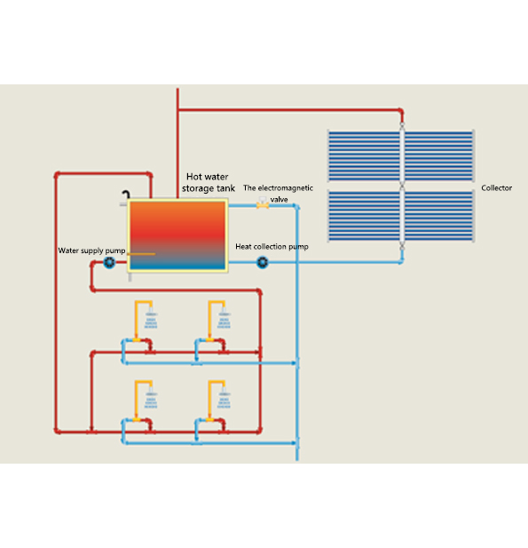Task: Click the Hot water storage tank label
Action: click(209, 182)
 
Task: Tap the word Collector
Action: click(496, 188)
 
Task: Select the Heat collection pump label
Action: click(272, 247)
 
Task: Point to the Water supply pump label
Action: click(91, 250)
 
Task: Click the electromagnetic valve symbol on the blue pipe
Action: click(263, 203)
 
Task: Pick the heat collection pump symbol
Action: click(263, 263)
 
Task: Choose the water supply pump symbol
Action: click(109, 263)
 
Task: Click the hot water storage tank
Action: click(177, 235)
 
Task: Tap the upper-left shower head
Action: click(151, 318)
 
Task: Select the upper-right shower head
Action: click(224, 318)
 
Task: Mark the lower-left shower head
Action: click(151, 398)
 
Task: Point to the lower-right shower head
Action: click(224, 398)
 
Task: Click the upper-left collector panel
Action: click(364, 155)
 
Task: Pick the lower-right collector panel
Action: click(439, 216)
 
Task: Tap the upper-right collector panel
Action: click(439, 155)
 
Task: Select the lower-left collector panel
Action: click(364, 216)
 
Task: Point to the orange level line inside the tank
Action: click(141, 254)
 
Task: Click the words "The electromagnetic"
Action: click(278, 188)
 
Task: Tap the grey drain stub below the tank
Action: click(130, 277)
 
